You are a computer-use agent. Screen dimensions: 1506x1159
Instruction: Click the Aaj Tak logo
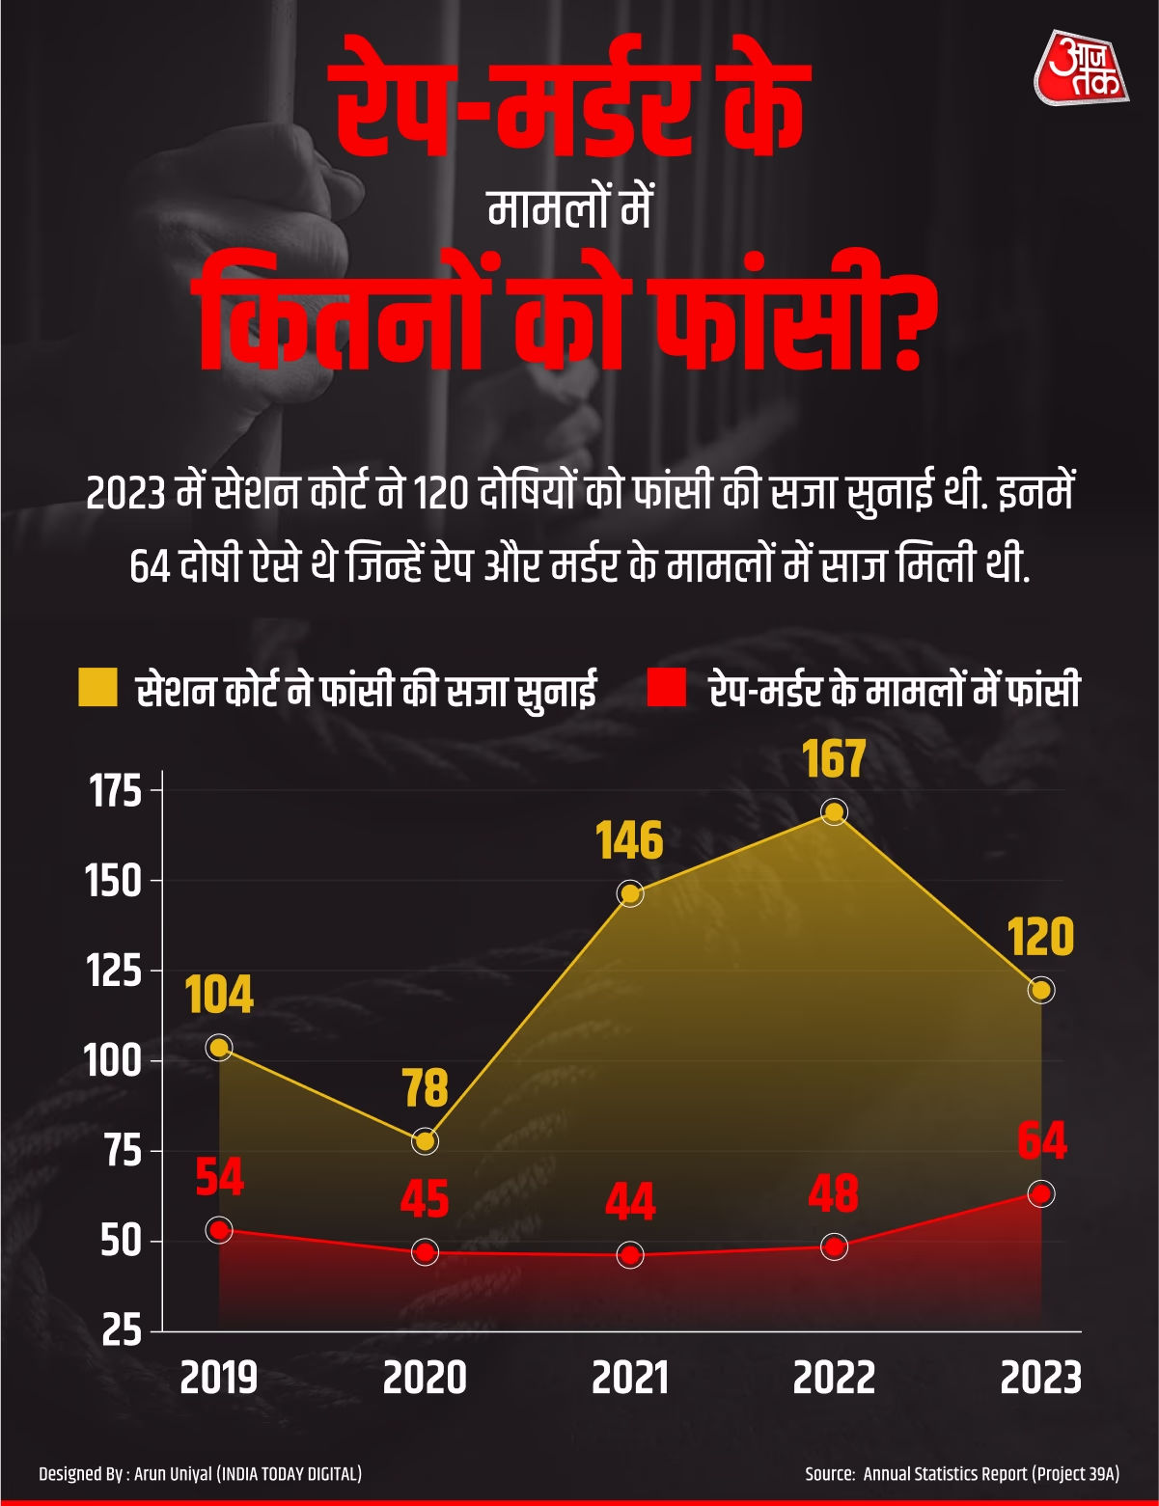1081,68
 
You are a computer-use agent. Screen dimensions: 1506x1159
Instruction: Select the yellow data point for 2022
834,812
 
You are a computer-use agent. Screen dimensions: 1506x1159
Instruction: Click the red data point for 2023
1040,1193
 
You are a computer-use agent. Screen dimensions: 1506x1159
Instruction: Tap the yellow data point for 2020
425,1141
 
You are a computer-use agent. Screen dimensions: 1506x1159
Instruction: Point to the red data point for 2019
220,1230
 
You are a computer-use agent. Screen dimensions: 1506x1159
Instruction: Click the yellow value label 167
834,759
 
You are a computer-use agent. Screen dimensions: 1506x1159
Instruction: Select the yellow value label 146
629,841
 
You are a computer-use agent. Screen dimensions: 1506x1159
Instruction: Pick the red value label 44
630,1202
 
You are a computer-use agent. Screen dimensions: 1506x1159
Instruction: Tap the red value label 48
833,1194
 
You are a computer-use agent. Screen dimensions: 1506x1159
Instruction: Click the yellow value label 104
219,995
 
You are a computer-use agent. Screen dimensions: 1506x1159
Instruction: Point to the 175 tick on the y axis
115,791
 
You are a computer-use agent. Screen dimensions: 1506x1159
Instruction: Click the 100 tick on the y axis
113,1060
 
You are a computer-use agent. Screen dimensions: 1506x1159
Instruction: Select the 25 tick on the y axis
122,1330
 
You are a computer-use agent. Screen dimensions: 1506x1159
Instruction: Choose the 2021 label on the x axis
630,1378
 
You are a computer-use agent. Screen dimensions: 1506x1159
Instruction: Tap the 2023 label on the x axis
1040,1378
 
